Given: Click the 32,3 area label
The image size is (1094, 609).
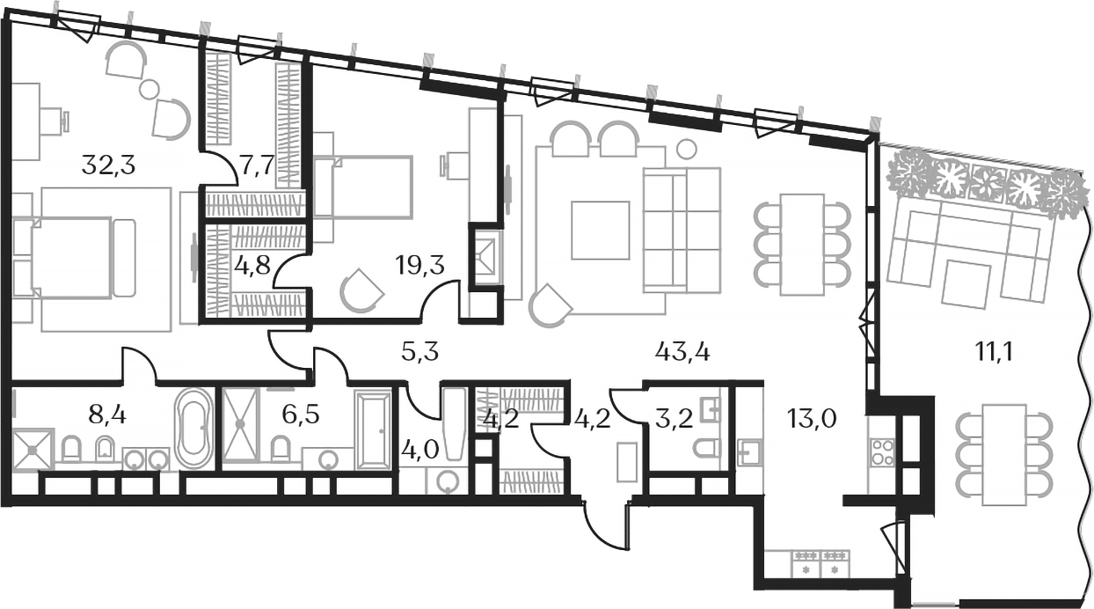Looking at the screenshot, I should [x=108, y=165].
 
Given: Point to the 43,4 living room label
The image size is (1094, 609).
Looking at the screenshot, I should [x=683, y=353].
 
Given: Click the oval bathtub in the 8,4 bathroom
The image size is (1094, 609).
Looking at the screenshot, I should [x=193, y=429].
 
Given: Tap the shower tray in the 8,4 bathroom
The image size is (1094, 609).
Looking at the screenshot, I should [x=33, y=450].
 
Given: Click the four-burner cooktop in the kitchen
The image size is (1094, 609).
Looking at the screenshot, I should [x=882, y=451].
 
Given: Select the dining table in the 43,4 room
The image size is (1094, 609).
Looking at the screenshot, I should [x=801, y=244].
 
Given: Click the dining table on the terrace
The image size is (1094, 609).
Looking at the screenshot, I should [x=1003, y=453].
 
